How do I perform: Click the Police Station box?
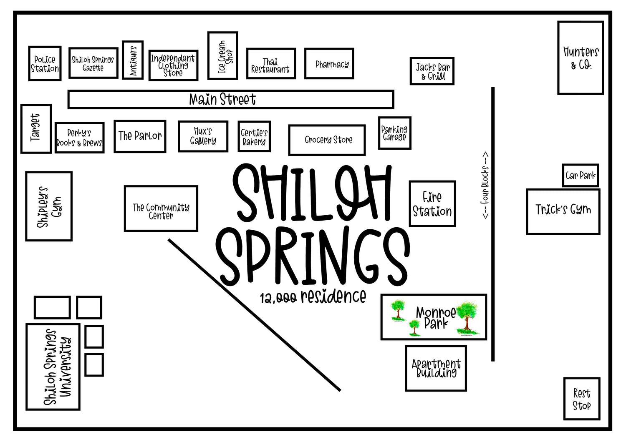[x=45, y=64]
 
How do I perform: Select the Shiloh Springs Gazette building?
[x=93, y=63]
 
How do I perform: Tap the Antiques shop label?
[x=133, y=60]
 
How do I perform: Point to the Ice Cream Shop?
[x=223, y=56]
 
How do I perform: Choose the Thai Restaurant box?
[x=271, y=64]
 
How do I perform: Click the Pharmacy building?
[x=329, y=64]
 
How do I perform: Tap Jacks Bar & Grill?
[x=432, y=71]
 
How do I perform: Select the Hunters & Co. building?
[x=581, y=58]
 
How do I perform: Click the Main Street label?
[x=223, y=99]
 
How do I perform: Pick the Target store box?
[x=36, y=128]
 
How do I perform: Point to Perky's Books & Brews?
[x=79, y=138]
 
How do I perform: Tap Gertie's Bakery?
[x=254, y=136]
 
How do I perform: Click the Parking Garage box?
[x=394, y=133]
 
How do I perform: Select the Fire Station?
[x=432, y=204]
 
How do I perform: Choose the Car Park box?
[x=580, y=175]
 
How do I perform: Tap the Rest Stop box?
[x=581, y=399]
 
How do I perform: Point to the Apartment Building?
[x=436, y=368]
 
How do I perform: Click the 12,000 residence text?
[x=313, y=296]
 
